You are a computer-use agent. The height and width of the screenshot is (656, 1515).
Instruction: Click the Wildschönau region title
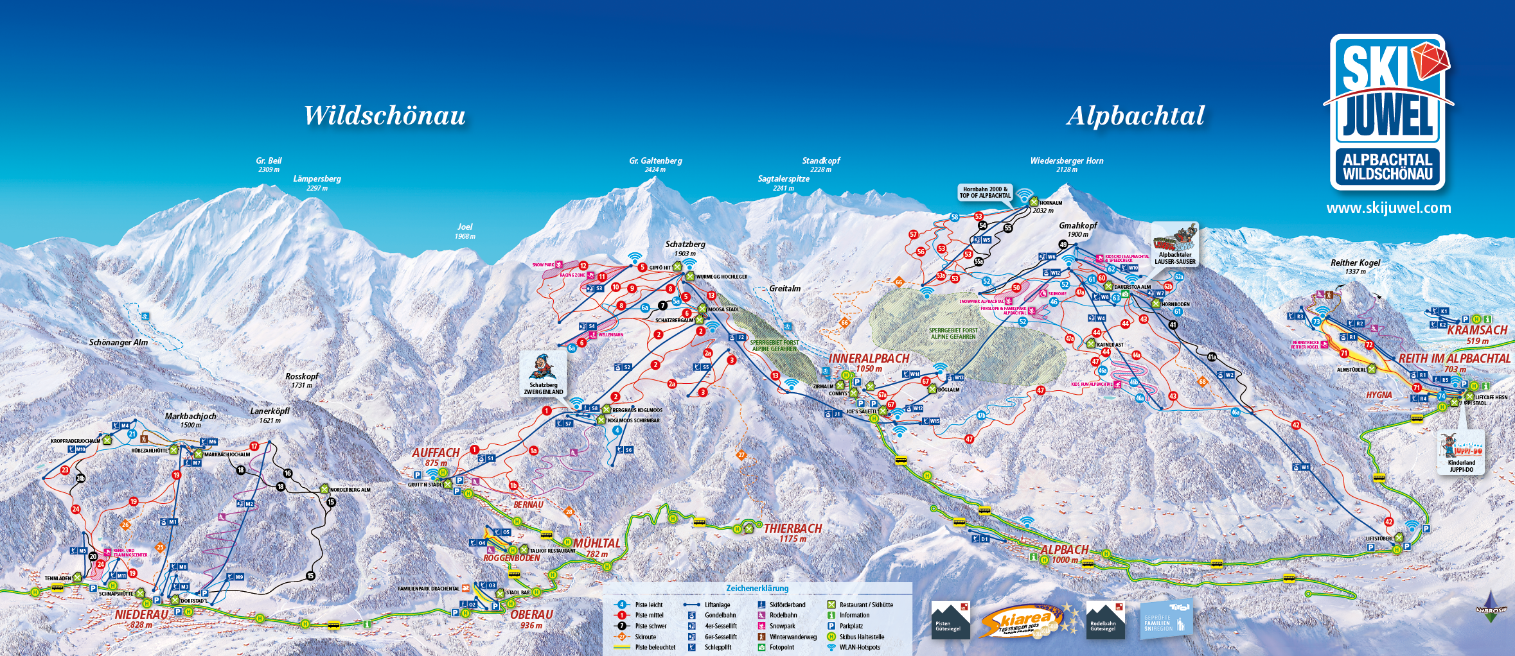[384, 116]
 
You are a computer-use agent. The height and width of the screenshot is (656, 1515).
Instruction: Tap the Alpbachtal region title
[1135, 116]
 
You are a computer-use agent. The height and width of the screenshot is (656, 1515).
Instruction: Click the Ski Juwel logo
[1388, 112]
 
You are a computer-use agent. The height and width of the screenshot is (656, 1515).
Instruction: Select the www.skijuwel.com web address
[1388, 208]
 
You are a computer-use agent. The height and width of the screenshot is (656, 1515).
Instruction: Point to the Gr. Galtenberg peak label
[655, 164]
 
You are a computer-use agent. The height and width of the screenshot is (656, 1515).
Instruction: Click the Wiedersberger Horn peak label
[1067, 164]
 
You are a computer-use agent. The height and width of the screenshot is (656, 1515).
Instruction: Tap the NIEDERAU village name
[141, 615]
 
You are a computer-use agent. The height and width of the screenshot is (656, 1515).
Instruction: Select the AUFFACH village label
[436, 453]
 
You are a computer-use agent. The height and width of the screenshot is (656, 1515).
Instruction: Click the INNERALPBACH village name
[869, 359]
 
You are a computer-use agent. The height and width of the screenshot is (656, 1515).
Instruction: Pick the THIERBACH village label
[793, 529]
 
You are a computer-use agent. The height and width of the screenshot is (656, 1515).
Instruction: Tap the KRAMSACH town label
[1477, 331]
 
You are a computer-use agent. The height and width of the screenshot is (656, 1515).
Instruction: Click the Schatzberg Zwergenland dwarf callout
[544, 374]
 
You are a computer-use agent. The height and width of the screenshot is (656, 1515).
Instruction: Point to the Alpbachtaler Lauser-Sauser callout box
[1175, 245]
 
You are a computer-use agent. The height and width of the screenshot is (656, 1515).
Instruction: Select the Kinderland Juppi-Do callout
[1461, 452]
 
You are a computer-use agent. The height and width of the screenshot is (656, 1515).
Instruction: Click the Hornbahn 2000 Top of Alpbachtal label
[985, 192]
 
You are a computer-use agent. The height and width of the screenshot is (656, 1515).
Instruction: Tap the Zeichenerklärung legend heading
[757, 589]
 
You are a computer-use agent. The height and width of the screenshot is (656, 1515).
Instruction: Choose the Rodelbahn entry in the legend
[783, 615]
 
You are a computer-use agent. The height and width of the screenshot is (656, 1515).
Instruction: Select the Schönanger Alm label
[118, 343]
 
